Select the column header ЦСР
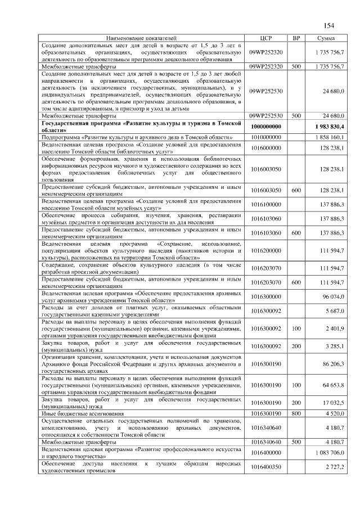267,38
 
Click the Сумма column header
327,38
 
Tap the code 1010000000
267,137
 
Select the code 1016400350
267,467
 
